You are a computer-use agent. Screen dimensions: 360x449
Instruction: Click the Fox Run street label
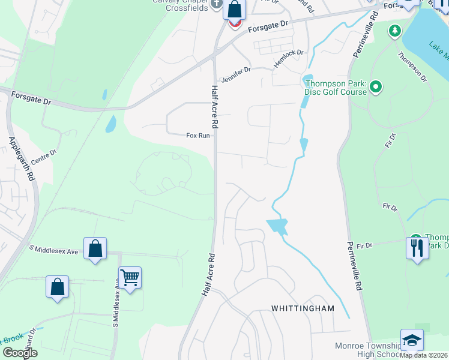click(197, 136)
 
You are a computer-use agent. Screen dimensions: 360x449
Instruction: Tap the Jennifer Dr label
click(235, 74)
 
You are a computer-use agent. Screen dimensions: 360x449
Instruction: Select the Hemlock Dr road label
click(289, 58)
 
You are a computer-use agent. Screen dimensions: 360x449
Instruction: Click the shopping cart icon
click(130, 277)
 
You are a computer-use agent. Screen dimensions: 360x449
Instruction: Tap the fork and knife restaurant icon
click(417, 247)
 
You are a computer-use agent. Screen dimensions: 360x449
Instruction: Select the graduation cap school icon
click(412, 340)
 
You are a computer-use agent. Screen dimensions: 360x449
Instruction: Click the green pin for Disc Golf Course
click(376, 88)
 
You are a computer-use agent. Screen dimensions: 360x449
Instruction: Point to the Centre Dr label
click(43, 157)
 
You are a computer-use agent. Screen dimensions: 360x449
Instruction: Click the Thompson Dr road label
click(411, 66)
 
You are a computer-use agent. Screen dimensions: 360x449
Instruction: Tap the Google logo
click(19, 353)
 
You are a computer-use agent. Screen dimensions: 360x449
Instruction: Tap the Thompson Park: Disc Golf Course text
click(335, 88)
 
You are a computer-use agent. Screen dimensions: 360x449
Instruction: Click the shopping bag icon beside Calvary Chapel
click(234, 10)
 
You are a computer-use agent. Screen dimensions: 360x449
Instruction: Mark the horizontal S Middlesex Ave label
click(53, 250)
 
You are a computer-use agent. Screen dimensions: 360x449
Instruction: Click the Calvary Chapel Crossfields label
click(179, 5)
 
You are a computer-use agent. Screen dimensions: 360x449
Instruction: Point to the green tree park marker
click(395, 30)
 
